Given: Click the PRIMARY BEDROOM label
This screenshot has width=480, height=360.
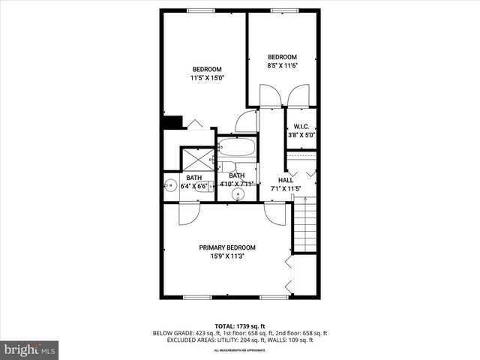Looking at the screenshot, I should point(226,247).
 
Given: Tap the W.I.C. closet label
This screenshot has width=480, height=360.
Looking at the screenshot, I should point(301,127).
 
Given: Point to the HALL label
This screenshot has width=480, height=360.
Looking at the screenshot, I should point(285,180).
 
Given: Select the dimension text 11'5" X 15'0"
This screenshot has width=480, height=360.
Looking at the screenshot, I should point(207,77).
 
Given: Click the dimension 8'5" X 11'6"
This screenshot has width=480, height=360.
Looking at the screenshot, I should point(283,66).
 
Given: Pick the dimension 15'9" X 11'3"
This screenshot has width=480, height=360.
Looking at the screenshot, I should point(226,256).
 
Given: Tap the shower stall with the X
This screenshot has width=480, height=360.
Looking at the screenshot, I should point(197,158).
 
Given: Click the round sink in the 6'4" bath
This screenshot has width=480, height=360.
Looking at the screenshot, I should point(170,187).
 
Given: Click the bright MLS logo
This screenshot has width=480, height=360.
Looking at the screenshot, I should point(29,349).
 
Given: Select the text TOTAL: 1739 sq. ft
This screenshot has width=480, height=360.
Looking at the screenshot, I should point(240,326).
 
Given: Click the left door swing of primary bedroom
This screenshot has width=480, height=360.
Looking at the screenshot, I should point(187,213).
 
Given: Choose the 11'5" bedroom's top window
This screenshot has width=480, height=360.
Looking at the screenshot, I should point(199,10).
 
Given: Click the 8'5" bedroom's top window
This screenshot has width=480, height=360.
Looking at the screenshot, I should point(282,10).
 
